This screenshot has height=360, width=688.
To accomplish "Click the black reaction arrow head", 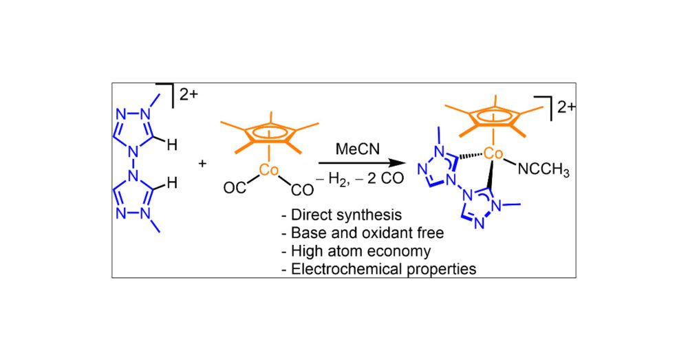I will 400,165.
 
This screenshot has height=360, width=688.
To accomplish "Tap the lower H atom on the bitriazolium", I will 172,183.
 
